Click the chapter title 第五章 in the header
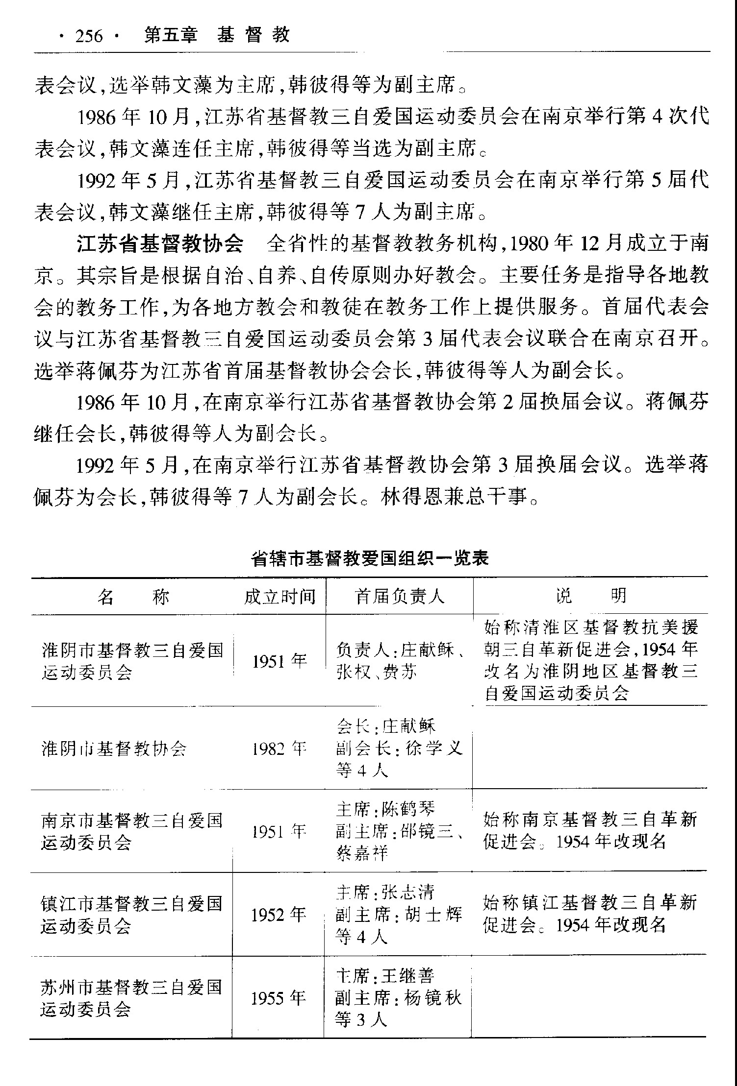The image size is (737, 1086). click(171, 36)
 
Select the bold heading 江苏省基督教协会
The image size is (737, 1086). click(160, 244)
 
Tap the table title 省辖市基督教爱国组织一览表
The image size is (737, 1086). click(370, 559)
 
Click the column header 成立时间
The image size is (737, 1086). click(280, 597)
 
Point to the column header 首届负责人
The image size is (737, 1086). click(400, 597)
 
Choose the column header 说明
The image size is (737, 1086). click(591, 596)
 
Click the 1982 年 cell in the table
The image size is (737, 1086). click(279, 749)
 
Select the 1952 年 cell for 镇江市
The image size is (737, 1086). click(279, 915)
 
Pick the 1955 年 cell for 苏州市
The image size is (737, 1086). click(279, 998)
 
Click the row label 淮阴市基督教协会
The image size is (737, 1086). click(114, 749)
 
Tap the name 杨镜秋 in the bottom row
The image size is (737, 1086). click(433, 998)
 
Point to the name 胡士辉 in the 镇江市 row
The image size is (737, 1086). click(433, 915)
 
